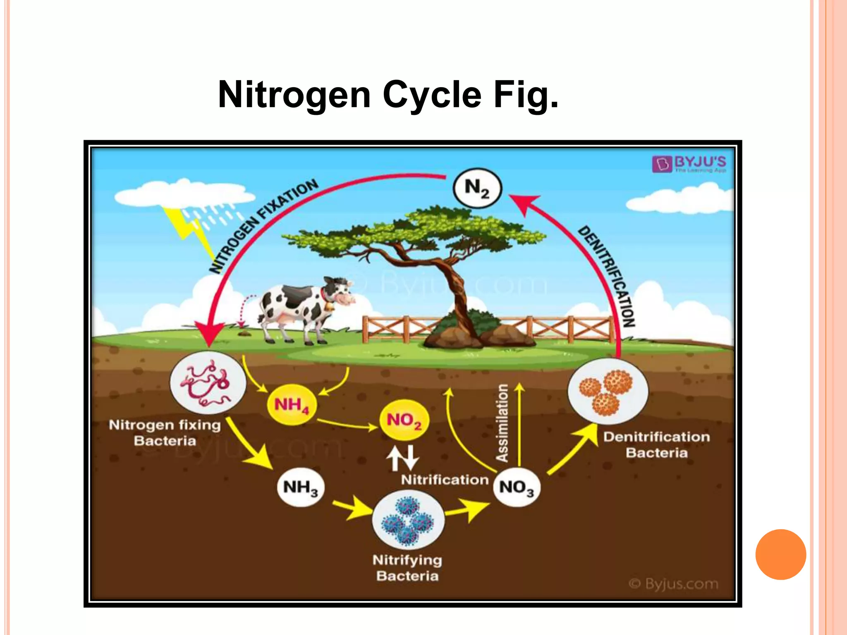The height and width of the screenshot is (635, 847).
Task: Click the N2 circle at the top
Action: pyautogui.click(x=477, y=188)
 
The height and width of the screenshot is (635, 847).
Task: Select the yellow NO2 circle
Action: pyautogui.click(x=404, y=420)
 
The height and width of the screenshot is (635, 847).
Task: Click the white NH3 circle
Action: pyautogui.click(x=301, y=487)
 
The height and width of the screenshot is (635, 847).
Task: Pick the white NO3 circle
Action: pyautogui.click(x=517, y=487)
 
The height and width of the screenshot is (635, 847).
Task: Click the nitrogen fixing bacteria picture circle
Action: pyautogui.click(x=208, y=383)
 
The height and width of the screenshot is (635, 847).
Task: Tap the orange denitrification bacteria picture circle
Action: pyautogui.click(x=608, y=391)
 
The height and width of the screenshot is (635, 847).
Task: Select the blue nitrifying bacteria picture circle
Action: pyautogui.click(x=408, y=520)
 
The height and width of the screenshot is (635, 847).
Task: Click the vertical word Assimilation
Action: pyautogui.click(x=502, y=423)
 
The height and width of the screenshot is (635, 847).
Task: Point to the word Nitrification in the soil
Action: pyautogui.click(x=445, y=480)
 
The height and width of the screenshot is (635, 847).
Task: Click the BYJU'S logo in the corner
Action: pyautogui.click(x=689, y=164)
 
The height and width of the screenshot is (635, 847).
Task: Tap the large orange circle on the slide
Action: pyautogui.click(x=780, y=554)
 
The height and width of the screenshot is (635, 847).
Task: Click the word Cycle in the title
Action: pyautogui.click(x=432, y=95)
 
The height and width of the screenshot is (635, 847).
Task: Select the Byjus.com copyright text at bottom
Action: pyautogui.click(x=674, y=584)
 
